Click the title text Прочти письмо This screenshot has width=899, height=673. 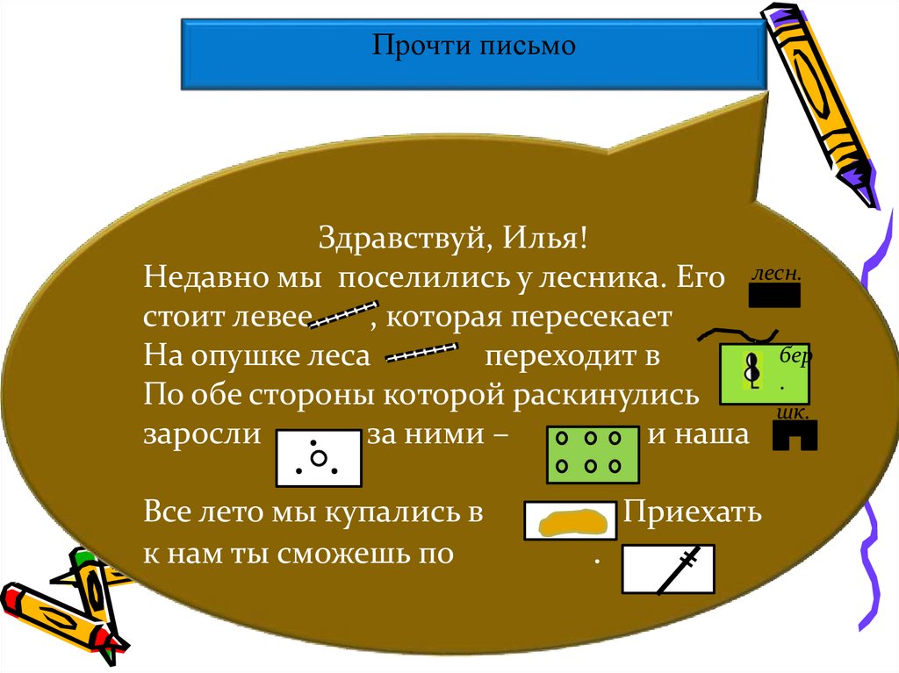(x=473, y=45)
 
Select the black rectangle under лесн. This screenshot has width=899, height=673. (x=774, y=298)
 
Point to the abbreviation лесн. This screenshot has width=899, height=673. (x=775, y=274)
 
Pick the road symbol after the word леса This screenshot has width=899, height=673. (x=422, y=354)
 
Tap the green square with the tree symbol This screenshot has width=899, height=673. (x=762, y=374)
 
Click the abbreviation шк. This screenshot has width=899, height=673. (x=793, y=412)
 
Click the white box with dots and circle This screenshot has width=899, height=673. (x=319, y=458)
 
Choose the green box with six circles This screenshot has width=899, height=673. (x=593, y=455)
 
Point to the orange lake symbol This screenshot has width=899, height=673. (x=572, y=520)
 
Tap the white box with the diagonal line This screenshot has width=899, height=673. (x=668, y=569)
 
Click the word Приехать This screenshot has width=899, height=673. (x=692, y=514)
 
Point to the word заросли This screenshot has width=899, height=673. (x=203, y=435)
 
